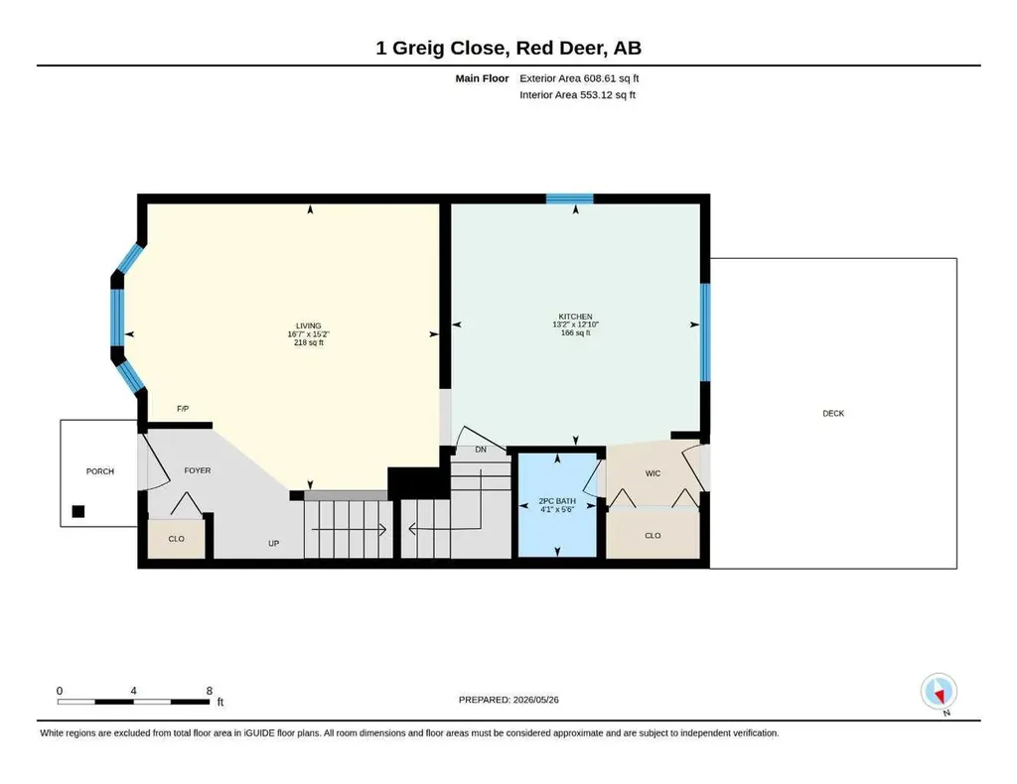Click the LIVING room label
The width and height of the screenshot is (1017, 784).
pos(309,326)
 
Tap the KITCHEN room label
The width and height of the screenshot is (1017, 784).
pos(575,317)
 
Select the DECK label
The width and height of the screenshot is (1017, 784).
pos(833,414)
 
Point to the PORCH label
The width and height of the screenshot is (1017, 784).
pos(100,471)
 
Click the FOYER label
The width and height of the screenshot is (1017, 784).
pos(198,471)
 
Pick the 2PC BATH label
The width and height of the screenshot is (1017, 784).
pos(557,501)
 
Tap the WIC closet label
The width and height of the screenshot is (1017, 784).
pos(653,473)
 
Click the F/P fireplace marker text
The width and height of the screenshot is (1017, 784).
pos(183,409)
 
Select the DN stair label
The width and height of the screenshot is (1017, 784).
pos(481,450)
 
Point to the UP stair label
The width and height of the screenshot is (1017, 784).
pos(274,544)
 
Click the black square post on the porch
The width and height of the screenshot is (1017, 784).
pos(77,511)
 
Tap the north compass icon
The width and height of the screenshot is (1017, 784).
pos(939,693)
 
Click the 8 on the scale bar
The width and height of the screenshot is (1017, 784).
pos(209,691)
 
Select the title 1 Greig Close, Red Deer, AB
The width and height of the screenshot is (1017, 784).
pos(508,48)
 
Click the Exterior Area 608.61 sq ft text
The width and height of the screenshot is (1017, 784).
pos(579,78)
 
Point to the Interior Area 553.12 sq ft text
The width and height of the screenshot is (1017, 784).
pos(577,94)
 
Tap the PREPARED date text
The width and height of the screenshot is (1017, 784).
pos(508,700)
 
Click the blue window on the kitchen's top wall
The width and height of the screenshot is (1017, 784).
pos(569,198)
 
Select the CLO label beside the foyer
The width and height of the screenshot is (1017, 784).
pos(177,539)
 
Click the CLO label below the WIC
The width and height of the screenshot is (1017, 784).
pos(653,536)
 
